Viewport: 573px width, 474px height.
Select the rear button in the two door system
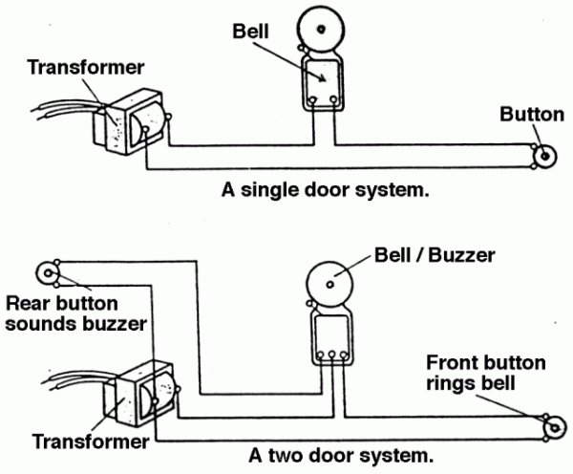pos(46,272)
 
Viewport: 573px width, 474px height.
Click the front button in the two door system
pos(549,427)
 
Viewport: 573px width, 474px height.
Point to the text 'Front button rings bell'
pos(485,373)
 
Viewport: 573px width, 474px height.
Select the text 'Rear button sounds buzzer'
pos(75,313)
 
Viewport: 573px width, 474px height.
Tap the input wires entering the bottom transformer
pos(72,379)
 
